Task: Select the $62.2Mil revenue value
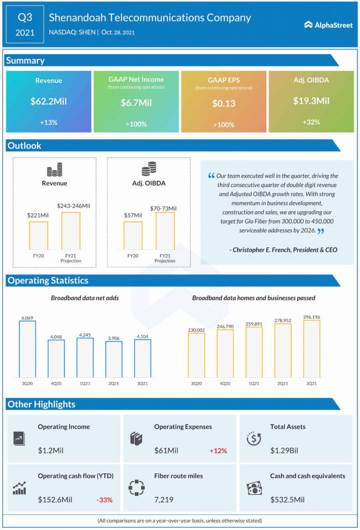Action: click(48, 102)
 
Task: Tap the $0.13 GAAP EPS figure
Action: click(224, 104)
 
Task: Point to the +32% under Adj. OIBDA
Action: click(311, 122)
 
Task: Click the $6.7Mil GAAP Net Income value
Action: click(136, 103)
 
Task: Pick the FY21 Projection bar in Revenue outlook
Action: click(71, 231)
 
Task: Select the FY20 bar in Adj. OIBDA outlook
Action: click(133, 236)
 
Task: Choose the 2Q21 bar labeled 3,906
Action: click(113, 359)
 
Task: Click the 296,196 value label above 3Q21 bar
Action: click(311, 317)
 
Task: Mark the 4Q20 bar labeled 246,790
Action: click(225, 354)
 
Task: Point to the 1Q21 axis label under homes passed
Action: click(254, 384)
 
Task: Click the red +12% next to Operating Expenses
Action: click(218, 451)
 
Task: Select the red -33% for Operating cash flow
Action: click(104, 500)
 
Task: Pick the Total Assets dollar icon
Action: click(253, 439)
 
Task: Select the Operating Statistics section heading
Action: click(47, 281)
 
